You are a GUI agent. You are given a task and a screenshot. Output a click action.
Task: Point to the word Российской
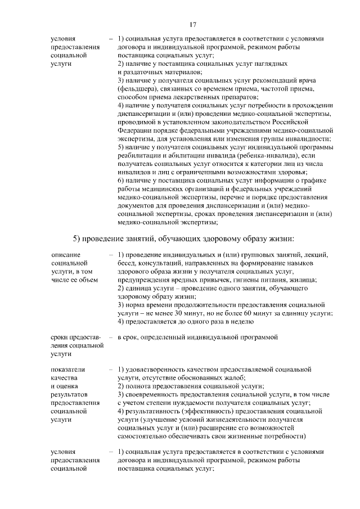click(x=290, y=121)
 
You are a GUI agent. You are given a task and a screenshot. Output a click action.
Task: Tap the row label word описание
click(x=65, y=254)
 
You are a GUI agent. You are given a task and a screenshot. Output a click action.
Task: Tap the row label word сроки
click(x=60, y=337)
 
